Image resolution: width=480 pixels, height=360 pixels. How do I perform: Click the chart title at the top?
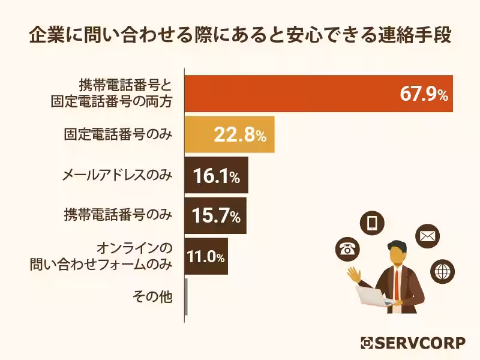coord(240,35)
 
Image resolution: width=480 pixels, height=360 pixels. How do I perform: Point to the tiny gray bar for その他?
coord(187,296)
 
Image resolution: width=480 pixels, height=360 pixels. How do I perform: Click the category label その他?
coord(152,296)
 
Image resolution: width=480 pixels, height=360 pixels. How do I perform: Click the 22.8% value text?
coord(239,136)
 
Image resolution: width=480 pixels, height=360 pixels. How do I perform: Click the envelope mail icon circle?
coord(427,236)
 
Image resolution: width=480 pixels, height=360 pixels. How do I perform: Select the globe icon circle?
coord(443,272)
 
